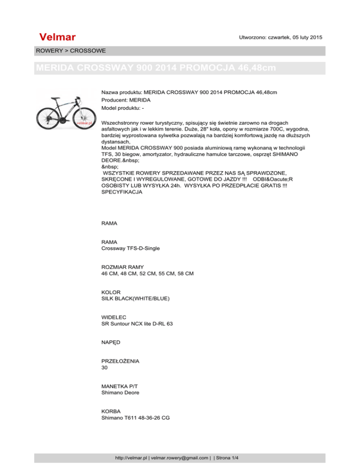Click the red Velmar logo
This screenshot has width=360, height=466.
coord(58,37)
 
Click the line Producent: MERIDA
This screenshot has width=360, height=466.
coord(127,99)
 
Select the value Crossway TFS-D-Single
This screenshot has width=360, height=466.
coord(131,248)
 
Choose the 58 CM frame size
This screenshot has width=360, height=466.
coord(184,273)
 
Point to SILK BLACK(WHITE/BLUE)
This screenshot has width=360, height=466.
coord(135,298)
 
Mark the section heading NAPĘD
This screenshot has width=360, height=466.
coord(111,342)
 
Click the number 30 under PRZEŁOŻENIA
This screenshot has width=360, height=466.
coord(105,368)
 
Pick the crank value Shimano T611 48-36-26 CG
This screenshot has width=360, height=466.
coord(135,418)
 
